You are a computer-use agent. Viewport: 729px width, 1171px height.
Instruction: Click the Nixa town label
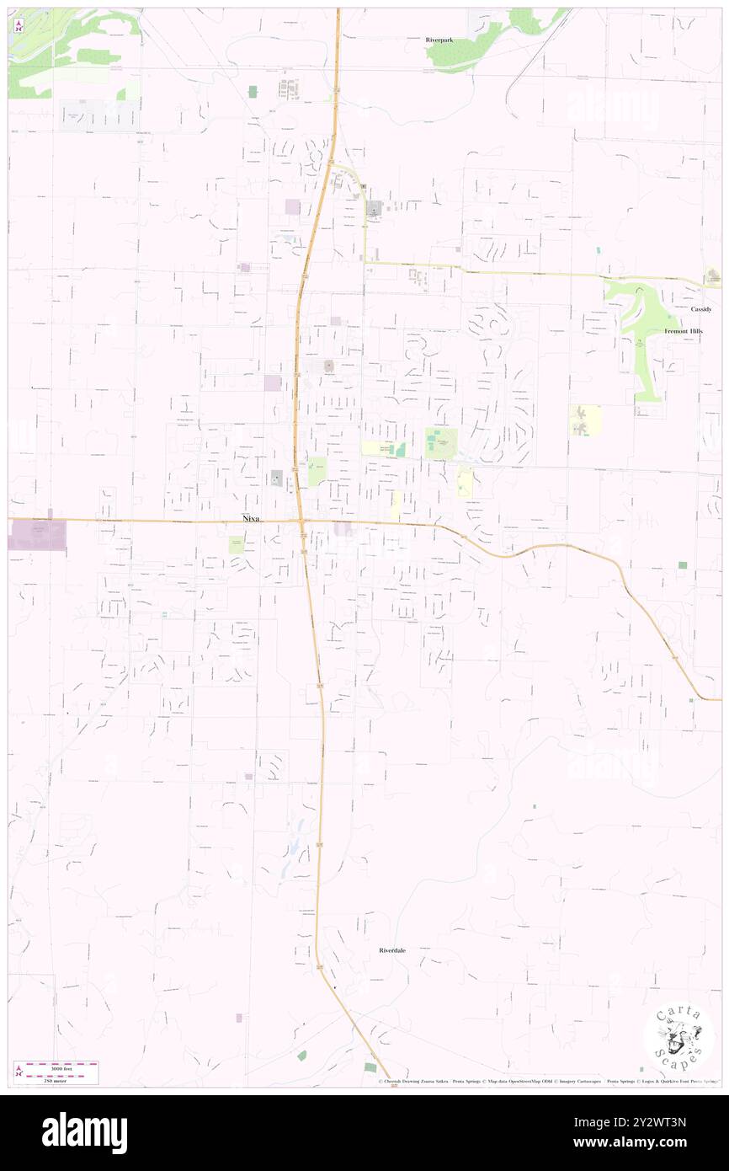pos(250,519)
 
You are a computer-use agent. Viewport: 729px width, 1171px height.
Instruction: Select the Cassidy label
pos(701,309)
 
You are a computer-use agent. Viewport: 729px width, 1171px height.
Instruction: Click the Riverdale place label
pos(391,950)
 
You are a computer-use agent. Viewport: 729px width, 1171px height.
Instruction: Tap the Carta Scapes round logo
pos(679,1039)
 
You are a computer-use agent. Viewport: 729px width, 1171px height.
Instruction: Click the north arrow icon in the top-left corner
pos(19,25)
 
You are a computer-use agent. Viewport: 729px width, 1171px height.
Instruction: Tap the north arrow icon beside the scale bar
pos(19,1072)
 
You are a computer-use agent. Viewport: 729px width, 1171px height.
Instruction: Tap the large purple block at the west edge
pos(37,535)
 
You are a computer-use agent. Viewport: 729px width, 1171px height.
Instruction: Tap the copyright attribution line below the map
pos(547,1082)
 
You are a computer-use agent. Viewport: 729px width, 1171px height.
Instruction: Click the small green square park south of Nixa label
pos(237,544)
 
